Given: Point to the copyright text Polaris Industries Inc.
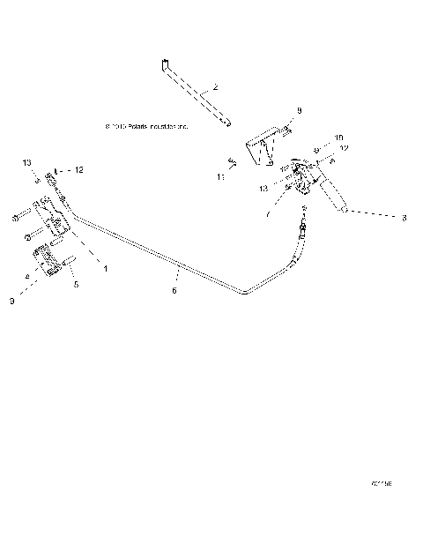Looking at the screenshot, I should coord(146,127).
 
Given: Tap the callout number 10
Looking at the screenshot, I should coord(339,138).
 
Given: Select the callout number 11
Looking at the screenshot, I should coord(221,176).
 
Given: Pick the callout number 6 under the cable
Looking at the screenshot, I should coord(174,289).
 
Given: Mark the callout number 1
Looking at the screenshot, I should coord(105,268).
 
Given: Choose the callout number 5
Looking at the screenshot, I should coord(75,284).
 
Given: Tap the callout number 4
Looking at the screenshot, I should coord(27,278).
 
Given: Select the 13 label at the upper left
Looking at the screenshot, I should coord(27,163).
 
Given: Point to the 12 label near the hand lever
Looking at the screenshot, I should coord(345,149).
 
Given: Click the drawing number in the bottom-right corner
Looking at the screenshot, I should coord(381,484).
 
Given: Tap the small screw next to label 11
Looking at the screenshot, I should coord(231,160).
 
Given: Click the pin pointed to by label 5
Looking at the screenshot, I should coord(69,262).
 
